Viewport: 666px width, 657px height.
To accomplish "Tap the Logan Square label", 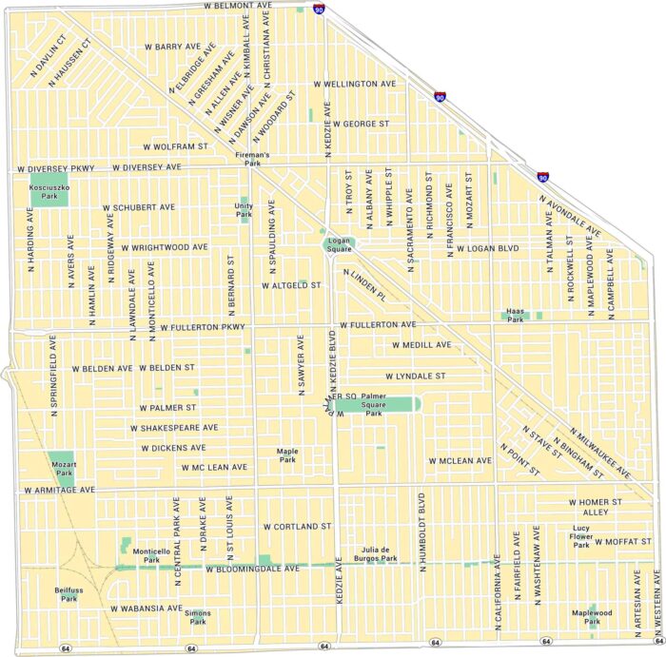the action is coord(340,245).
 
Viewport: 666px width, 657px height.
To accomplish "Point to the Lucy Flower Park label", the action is coord(581,535).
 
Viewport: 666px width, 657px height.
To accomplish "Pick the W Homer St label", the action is coord(595,501).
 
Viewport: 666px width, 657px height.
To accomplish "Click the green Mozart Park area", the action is coord(64,462).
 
